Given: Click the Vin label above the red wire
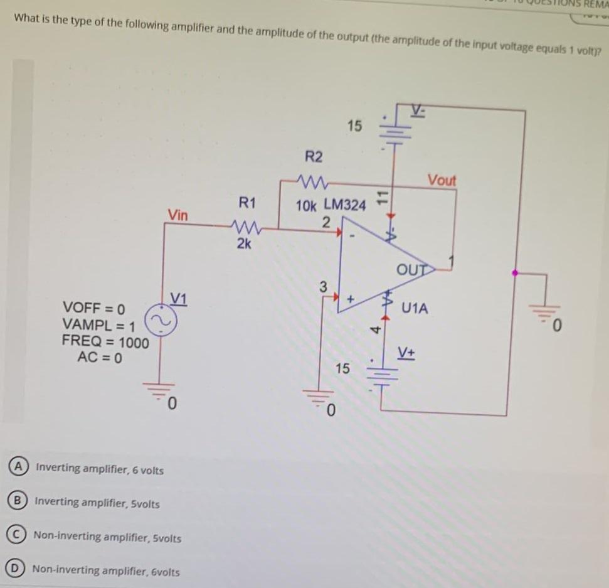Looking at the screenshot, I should pyautogui.click(x=177, y=215).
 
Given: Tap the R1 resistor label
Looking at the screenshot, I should pyautogui.click(x=247, y=202).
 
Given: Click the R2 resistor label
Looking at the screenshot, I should pyautogui.click(x=314, y=156).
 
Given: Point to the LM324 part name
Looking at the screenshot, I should pyautogui.click(x=344, y=205).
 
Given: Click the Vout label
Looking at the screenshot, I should pyautogui.click(x=442, y=180).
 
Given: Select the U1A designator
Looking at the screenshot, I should pyautogui.click(x=415, y=308).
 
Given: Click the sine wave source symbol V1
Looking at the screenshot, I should pyautogui.click(x=158, y=319).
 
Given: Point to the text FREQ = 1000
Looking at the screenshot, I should pyautogui.click(x=105, y=343).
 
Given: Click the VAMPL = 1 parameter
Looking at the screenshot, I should pyautogui.click(x=98, y=326).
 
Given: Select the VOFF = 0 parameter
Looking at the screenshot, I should pyautogui.click(x=95, y=309).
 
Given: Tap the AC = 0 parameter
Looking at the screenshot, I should pyautogui.click(x=99, y=358).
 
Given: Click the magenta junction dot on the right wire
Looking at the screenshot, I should pyautogui.click(x=515, y=274).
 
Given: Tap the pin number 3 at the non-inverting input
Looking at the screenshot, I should pyautogui.click(x=322, y=287).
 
